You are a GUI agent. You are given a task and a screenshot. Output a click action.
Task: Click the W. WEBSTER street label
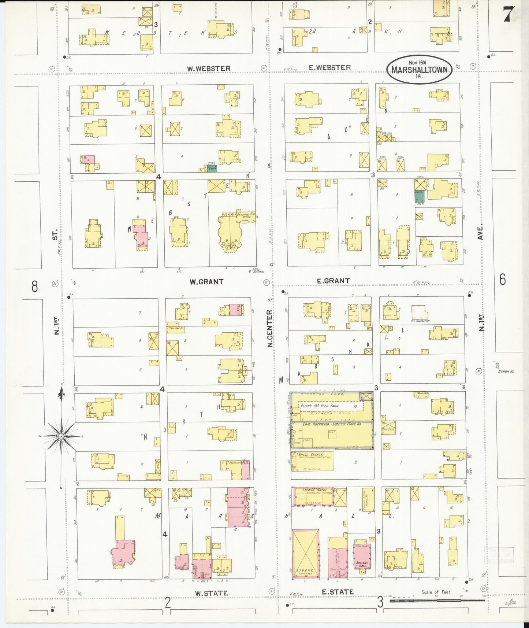tap(209, 69)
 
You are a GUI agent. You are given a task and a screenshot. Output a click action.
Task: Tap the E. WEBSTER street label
tap(329, 67)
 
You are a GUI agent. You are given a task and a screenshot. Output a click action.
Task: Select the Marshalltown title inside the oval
tap(420, 70)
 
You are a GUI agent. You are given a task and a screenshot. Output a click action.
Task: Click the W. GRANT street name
tap(206, 282)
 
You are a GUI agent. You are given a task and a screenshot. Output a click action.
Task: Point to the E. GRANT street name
tap(333, 281)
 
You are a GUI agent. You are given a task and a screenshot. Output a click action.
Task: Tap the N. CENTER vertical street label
tap(270, 329)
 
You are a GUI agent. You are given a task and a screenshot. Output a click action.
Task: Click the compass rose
tap(61, 436)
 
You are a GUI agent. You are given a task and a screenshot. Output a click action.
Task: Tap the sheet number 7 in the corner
tap(509, 15)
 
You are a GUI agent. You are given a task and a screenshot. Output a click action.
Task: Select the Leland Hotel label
tap(313, 490)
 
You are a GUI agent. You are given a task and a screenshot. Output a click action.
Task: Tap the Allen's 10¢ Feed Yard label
tap(320, 406)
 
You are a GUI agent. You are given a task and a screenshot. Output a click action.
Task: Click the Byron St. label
tap(506, 371)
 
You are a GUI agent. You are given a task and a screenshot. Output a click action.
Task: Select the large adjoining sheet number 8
tap(34, 286)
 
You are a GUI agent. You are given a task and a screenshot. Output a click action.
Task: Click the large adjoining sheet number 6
tap(502, 280)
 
